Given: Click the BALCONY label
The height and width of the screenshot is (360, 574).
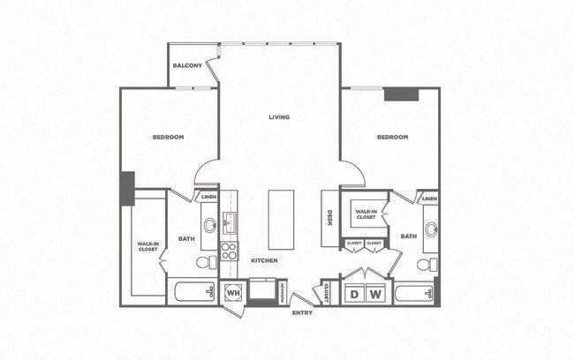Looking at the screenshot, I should coord(187,66).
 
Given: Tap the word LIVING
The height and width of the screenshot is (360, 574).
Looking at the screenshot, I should coord(280,116).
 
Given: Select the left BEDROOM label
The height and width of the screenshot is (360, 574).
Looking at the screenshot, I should coord(168,137).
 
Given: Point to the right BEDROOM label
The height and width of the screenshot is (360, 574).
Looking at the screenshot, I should coord(392,137).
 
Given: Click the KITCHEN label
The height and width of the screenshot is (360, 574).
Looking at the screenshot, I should coord(264,260).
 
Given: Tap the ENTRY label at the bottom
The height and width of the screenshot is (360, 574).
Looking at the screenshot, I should coord(302,312).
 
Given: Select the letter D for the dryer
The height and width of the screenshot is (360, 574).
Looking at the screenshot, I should coord(354,294).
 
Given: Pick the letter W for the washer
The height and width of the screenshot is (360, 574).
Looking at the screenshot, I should coord(374,294).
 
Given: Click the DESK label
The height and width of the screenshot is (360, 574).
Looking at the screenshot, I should coord(329,218).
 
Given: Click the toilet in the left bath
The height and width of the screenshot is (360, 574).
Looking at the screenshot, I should coord(204,262).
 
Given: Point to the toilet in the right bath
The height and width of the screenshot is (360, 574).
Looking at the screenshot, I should coord(426,264).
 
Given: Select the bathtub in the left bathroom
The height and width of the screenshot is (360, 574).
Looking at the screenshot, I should coord(192,292).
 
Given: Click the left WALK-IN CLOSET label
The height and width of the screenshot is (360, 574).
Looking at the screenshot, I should coord(147,246).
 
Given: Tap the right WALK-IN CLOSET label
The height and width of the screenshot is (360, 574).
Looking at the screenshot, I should coord(366,214).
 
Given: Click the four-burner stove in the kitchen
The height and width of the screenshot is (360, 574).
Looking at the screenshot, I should coord(229,251).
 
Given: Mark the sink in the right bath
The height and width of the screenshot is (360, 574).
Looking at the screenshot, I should coord(431,229).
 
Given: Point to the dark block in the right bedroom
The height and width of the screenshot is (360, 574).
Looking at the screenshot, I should coord(401,94).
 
